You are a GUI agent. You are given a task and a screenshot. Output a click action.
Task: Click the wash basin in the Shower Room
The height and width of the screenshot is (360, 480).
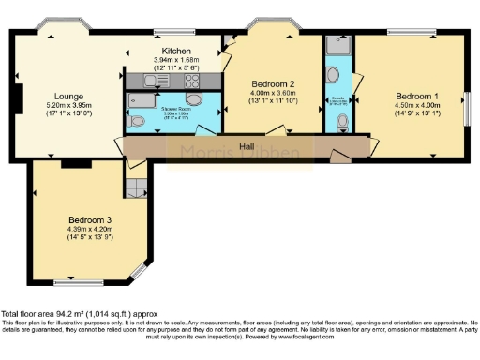coord(194,100)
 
